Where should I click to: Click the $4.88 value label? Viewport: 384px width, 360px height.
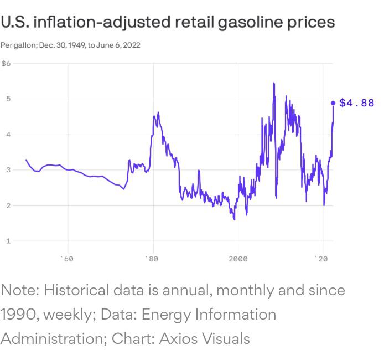click(x=356, y=103)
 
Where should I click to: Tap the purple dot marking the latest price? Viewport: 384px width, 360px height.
click(x=333, y=103)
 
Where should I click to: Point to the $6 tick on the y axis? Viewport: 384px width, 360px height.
click(x=6, y=64)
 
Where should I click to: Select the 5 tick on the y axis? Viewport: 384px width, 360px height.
click(x=8, y=99)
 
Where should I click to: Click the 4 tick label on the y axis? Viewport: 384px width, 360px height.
click(x=8, y=135)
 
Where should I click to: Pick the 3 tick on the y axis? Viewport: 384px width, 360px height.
click(x=8, y=170)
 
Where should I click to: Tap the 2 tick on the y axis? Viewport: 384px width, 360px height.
click(x=8, y=205)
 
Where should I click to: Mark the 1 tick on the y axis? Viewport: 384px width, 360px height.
click(x=8, y=241)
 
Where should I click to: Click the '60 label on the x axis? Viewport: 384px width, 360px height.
click(x=67, y=259)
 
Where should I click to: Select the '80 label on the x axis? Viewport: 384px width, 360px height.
click(x=152, y=259)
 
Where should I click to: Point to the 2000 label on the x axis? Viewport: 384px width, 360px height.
click(x=238, y=259)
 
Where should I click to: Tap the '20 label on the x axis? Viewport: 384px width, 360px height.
click(x=321, y=259)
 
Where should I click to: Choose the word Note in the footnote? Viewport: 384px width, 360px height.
click(x=19, y=290)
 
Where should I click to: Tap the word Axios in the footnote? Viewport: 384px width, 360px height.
click(x=179, y=338)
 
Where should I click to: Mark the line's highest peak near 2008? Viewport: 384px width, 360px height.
click(x=273, y=83)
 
